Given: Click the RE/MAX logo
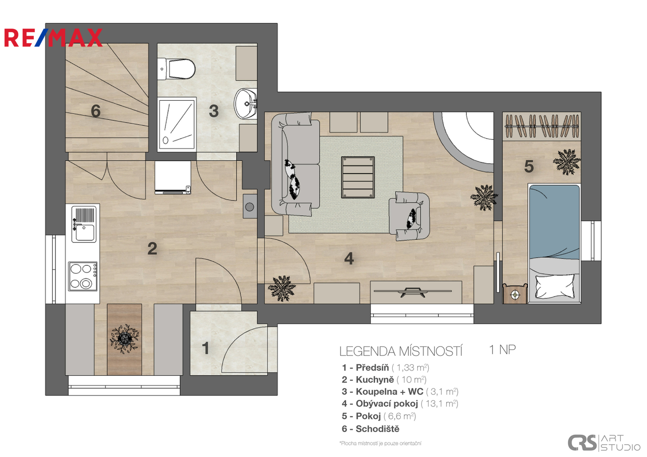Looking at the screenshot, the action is click(x=53, y=38).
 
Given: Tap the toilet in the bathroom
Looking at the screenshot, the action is click(x=176, y=69).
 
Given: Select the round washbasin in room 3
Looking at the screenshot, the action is click(x=245, y=103).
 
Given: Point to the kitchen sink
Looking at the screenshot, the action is click(x=84, y=224).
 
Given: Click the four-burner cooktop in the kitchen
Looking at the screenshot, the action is click(x=83, y=276).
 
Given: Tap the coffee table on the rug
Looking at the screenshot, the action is click(x=358, y=177).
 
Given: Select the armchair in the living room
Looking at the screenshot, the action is click(x=409, y=216).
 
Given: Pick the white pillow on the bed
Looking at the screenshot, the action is click(x=555, y=286).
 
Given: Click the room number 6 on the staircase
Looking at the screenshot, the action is click(x=96, y=111).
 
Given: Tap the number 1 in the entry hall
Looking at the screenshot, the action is click(x=205, y=348).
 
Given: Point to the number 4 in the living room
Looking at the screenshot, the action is click(x=349, y=259).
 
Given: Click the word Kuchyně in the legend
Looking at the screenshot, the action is click(x=374, y=380).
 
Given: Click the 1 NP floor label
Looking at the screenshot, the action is click(x=503, y=350).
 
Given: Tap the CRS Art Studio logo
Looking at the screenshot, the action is click(x=604, y=443).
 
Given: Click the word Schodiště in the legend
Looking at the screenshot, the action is click(x=377, y=429).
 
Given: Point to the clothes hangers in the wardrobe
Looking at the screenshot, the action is click(x=542, y=126).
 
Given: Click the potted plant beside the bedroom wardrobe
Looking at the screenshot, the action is click(x=567, y=162).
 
